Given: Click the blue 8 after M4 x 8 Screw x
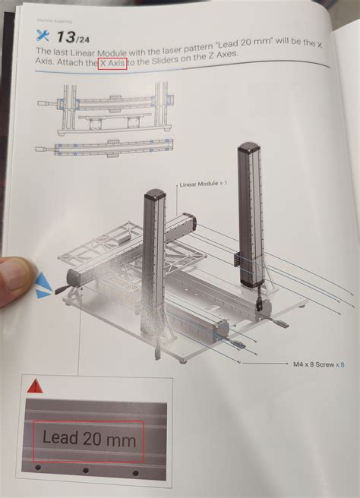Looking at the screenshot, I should [x=342, y=364].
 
